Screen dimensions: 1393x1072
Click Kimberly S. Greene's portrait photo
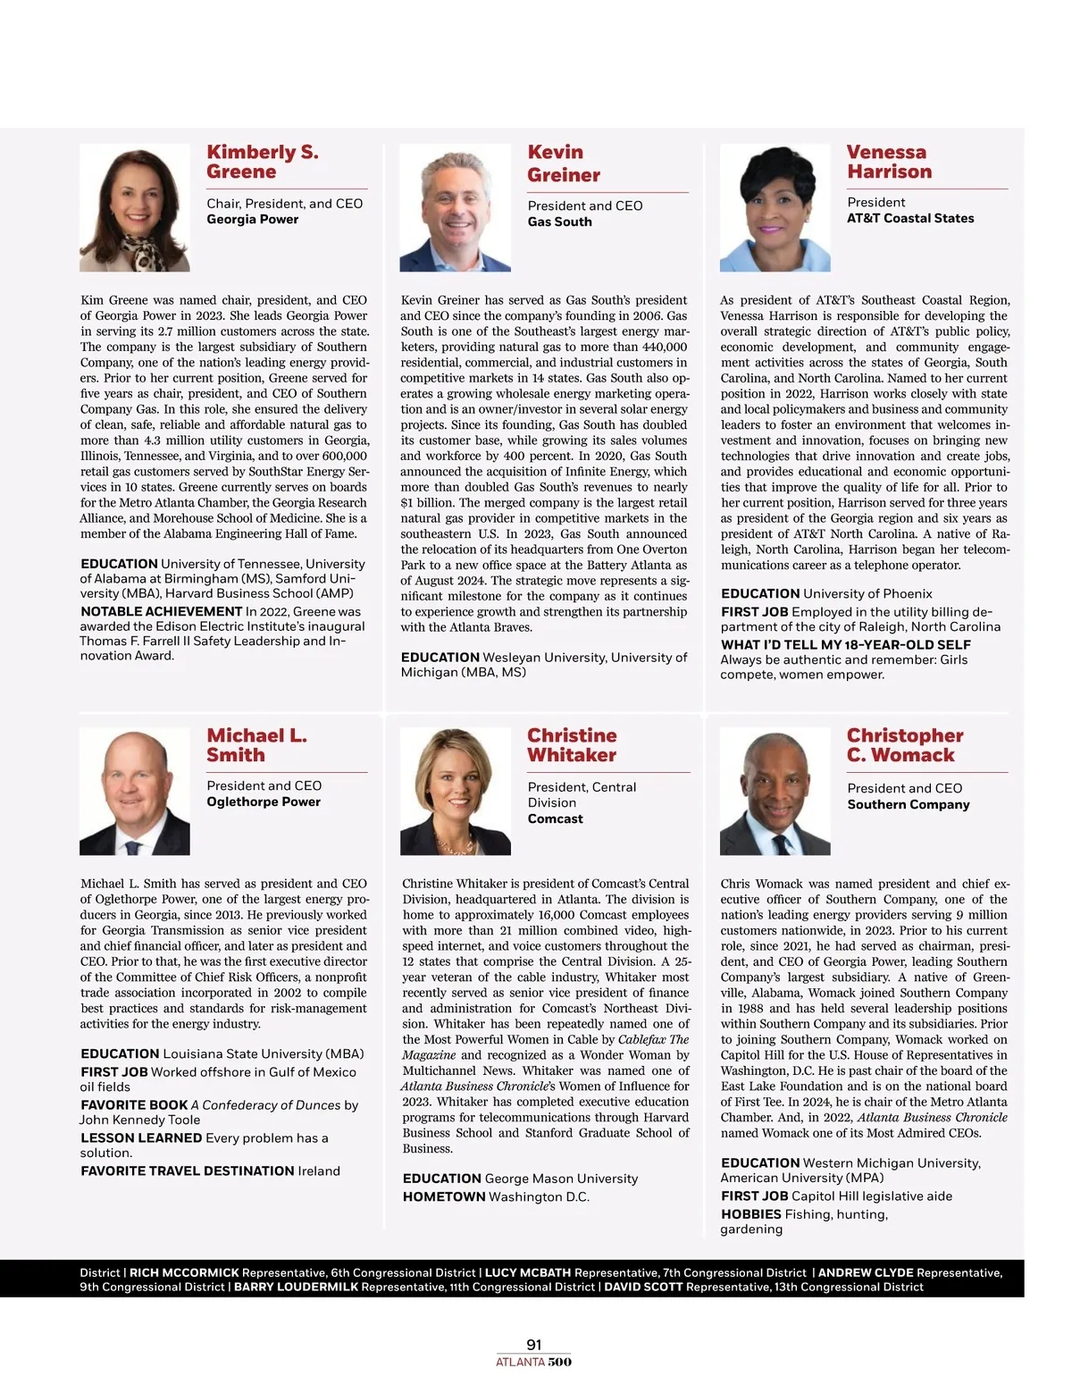(135, 207)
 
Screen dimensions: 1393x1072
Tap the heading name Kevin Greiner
(563, 164)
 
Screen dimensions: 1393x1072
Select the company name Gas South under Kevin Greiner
(559, 222)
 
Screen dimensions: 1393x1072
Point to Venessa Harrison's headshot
(775, 207)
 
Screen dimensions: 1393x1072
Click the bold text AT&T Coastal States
(910, 218)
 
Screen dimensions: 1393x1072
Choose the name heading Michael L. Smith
(256, 745)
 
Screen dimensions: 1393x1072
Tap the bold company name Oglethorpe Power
(264, 801)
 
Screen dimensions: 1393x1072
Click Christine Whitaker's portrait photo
(456, 791)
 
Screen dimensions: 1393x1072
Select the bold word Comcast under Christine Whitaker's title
(555, 818)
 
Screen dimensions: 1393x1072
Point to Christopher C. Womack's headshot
(775, 791)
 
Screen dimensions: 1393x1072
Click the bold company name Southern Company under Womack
(909, 804)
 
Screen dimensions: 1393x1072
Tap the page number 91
(534, 1345)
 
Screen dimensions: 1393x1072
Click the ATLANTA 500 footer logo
(534, 1363)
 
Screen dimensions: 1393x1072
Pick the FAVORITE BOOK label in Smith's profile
(134, 1105)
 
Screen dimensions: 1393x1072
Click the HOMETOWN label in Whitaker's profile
(443, 1197)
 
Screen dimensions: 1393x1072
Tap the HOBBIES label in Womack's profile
(751, 1214)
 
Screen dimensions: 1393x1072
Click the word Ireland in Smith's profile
(319, 1171)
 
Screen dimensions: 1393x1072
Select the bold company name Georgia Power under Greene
(253, 219)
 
